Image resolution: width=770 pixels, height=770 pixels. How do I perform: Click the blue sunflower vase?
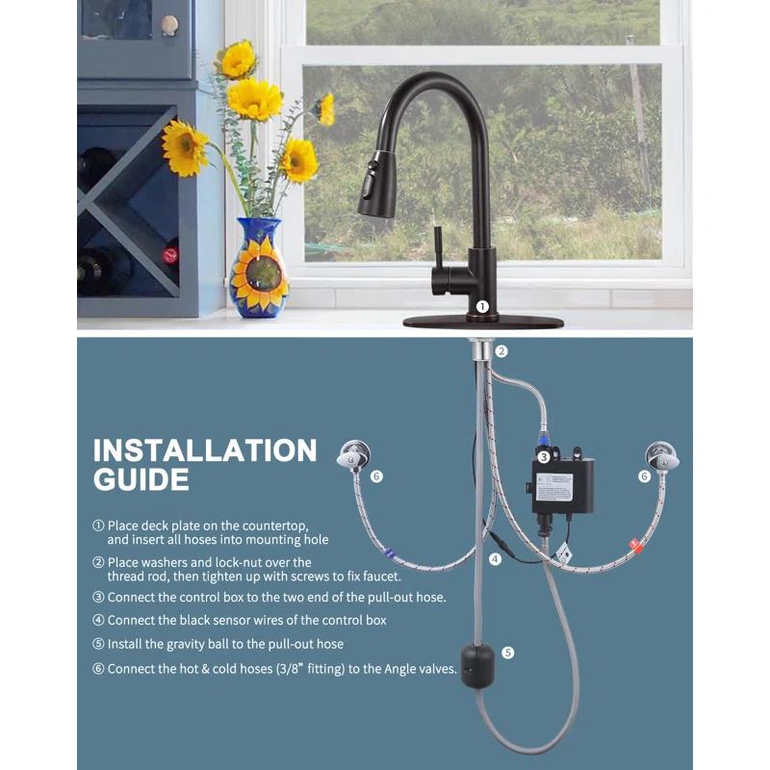pos(258,269)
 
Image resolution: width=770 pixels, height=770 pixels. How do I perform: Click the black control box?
pos(562,486)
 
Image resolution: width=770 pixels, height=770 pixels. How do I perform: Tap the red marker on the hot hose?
pos(635,545)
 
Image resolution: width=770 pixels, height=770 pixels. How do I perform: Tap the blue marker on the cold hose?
pos(389,553)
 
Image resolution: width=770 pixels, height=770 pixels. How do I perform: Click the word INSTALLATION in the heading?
pos(205,449)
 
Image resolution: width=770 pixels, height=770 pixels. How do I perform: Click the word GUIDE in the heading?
pos(141,479)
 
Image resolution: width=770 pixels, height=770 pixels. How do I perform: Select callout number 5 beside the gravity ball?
pos(508,653)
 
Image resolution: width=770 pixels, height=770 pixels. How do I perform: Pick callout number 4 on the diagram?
pos(495,558)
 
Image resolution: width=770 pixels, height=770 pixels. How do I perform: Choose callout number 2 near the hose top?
pos(501,352)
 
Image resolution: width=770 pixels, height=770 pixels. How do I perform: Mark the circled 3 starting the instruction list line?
pos(98,597)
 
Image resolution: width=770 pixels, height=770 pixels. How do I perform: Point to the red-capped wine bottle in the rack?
pos(170,255)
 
